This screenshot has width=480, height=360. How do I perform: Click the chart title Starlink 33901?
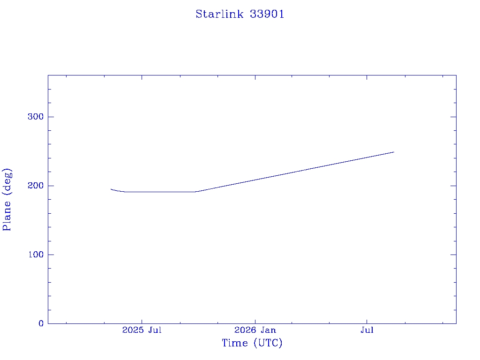[x=240, y=14]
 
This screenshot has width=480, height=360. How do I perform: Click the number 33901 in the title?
[x=267, y=14]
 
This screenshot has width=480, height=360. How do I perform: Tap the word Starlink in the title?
[x=219, y=14]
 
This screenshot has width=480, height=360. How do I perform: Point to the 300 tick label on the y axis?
[x=36, y=117]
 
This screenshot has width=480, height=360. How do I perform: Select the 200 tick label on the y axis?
[x=36, y=186]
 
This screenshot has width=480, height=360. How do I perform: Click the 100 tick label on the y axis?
[x=36, y=255]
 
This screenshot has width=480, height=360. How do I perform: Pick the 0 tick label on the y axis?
[x=41, y=323]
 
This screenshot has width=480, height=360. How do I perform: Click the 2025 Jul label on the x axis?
[x=142, y=330]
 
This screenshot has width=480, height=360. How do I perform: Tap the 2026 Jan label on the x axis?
[x=255, y=330]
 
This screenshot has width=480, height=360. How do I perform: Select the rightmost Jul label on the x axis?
[x=367, y=330]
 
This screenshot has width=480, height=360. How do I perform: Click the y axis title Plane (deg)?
[x=7, y=200]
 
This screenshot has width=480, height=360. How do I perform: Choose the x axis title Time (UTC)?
[x=252, y=343]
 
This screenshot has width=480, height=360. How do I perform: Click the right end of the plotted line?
[x=394, y=152]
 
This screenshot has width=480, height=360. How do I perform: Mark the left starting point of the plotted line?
[x=111, y=189]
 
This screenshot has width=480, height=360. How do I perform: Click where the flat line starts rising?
[x=195, y=192]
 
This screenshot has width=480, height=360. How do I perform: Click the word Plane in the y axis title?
[x=7, y=216]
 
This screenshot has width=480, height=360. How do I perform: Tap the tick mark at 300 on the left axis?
[x=51, y=117]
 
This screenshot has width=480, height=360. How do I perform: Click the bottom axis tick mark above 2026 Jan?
[x=255, y=321]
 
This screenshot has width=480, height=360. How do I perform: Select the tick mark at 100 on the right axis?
[x=453, y=255]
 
